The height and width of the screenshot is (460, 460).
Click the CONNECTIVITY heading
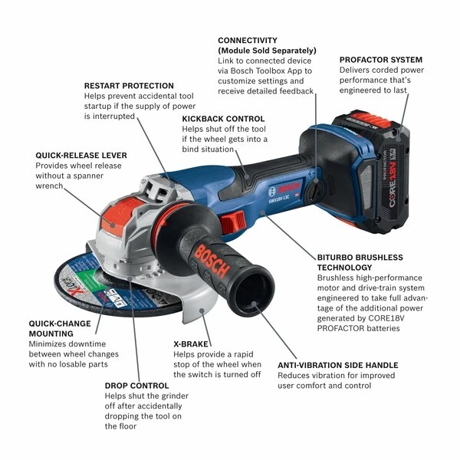pyautogui.click(x=248, y=40)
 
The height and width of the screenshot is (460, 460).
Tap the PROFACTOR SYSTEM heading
pyautogui.click(x=380, y=59)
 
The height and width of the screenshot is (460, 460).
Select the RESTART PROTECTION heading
pyautogui.click(x=129, y=86)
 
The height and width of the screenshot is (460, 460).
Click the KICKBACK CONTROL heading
pyautogui.click(x=223, y=119)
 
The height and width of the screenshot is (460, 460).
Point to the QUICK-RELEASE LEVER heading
pyautogui.click(x=81, y=155)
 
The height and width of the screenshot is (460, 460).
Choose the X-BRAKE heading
pyautogui.click(x=192, y=344)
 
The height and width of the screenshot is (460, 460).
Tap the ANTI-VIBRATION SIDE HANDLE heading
pyautogui.click(x=338, y=365)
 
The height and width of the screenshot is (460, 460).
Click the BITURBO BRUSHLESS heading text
pyautogui.click(x=360, y=258)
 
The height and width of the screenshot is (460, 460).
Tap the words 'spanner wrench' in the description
pyautogui.click(x=74, y=180)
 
